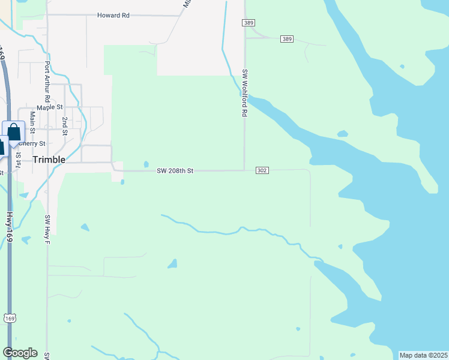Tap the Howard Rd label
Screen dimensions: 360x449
pyautogui.click(x=113, y=15)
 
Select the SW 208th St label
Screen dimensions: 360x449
pyautogui.click(x=175, y=171)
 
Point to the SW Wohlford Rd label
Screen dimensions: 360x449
pyautogui.click(x=245, y=93)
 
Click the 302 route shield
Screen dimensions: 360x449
pyautogui.click(x=262, y=170)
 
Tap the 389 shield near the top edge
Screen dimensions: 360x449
pyautogui.click(x=249, y=23)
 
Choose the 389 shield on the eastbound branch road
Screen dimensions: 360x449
pyautogui.click(x=287, y=39)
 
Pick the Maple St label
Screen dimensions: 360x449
pyautogui.click(x=50, y=107)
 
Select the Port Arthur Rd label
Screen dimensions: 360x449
pyautogui.click(x=47, y=81)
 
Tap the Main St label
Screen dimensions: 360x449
pyautogui.click(x=32, y=122)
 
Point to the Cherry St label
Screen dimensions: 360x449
pyautogui.click(x=32, y=144)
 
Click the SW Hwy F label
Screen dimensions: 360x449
pyautogui.click(x=46, y=229)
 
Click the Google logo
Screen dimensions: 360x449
pyautogui.click(x=20, y=353)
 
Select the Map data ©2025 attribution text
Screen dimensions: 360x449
pyautogui.click(x=423, y=355)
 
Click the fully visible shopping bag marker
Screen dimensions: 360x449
pyautogui.click(x=13, y=133)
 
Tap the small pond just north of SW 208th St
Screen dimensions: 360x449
pyautogui.click(x=146, y=164)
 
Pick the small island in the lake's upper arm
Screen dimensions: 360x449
pyautogui.click(x=342, y=133)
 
